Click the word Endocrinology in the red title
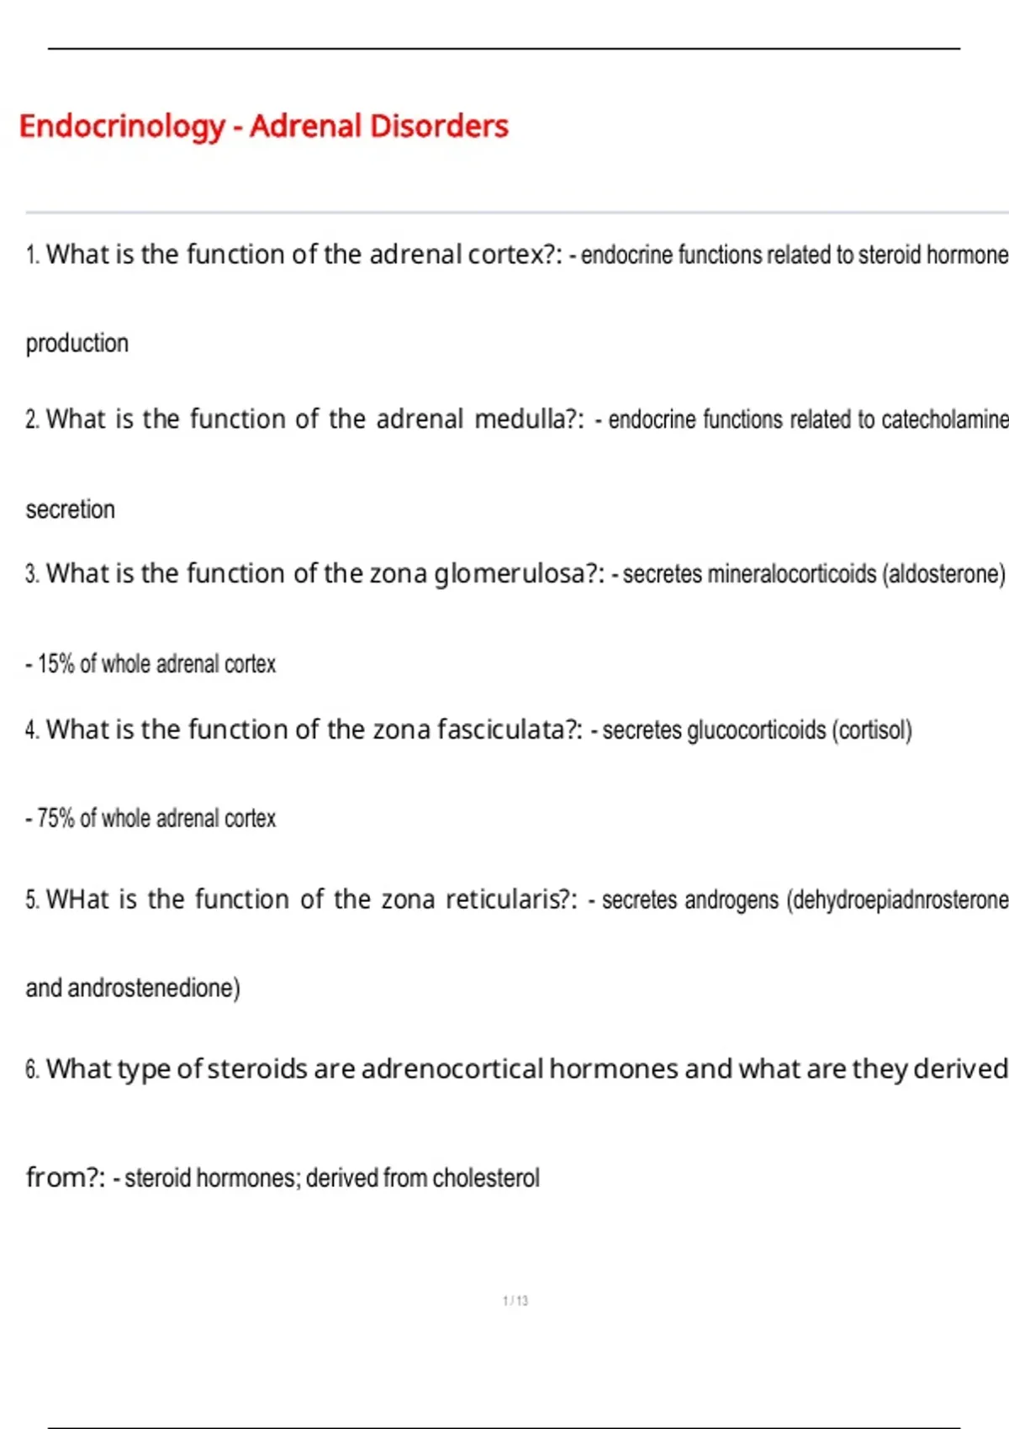[x=122, y=127]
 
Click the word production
[x=77, y=344]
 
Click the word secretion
[x=71, y=509]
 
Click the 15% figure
[x=56, y=664]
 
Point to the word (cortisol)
[x=872, y=730]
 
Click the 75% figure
[x=56, y=819]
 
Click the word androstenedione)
[x=154, y=988]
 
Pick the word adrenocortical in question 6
[x=452, y=1069]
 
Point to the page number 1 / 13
[x=515, y=1300]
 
